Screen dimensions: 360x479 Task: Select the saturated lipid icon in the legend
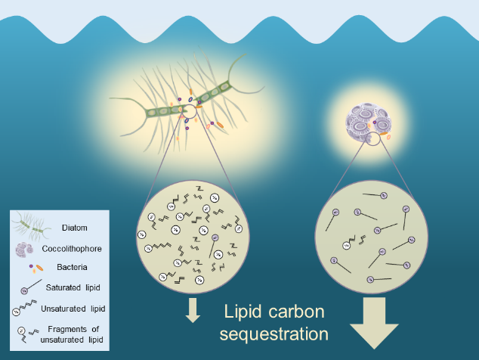pos(29,288)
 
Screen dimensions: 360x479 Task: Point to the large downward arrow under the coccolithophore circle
pos(374,322)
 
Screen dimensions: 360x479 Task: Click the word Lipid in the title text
pos(243,312)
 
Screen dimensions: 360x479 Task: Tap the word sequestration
pos(277,334)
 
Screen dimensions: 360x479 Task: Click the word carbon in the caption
pos(298,312)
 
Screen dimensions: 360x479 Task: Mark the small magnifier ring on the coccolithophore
pos(372,138)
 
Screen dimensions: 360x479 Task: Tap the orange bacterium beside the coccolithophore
pos(387,137)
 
